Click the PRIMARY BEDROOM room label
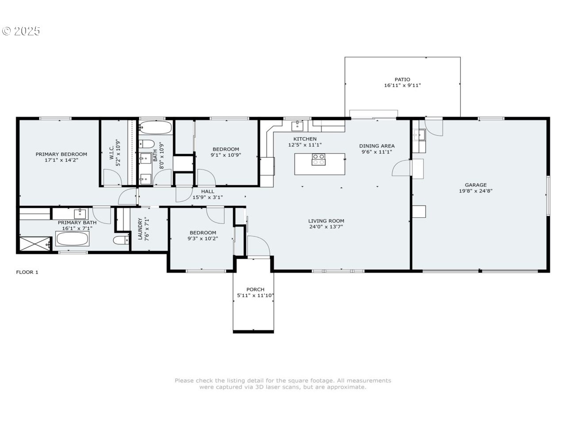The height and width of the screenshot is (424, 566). tap(61, 154)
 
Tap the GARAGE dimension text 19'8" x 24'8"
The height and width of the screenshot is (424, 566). tap(475, 191)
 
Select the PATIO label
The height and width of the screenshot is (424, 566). tap(402, 79)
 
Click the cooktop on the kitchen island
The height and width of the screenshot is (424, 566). tap(318, 159)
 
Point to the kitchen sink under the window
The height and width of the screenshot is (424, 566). tap(297, 126)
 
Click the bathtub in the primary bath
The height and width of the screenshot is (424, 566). tap(72, 238)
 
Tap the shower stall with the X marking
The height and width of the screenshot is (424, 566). tap(35, 243)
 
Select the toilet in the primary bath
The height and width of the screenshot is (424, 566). tap(121, 240)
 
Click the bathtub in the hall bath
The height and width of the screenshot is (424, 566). tap(156, 128)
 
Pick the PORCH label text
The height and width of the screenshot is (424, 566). tap(255, 289)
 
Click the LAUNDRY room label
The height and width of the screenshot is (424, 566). tap(140, 229)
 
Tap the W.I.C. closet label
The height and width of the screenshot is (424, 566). tap(112, 152)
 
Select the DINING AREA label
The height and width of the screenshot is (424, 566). tap(377, 146)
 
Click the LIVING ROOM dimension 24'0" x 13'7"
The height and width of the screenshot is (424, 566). tap(326, 227)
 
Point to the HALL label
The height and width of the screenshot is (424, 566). tap(207, 191)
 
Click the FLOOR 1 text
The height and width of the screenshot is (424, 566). tap(27, 272)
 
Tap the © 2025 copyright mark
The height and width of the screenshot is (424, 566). tap(21, 31)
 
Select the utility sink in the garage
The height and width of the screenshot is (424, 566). tap(419, 134)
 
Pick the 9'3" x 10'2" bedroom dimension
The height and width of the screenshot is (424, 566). tap(203, 238)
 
